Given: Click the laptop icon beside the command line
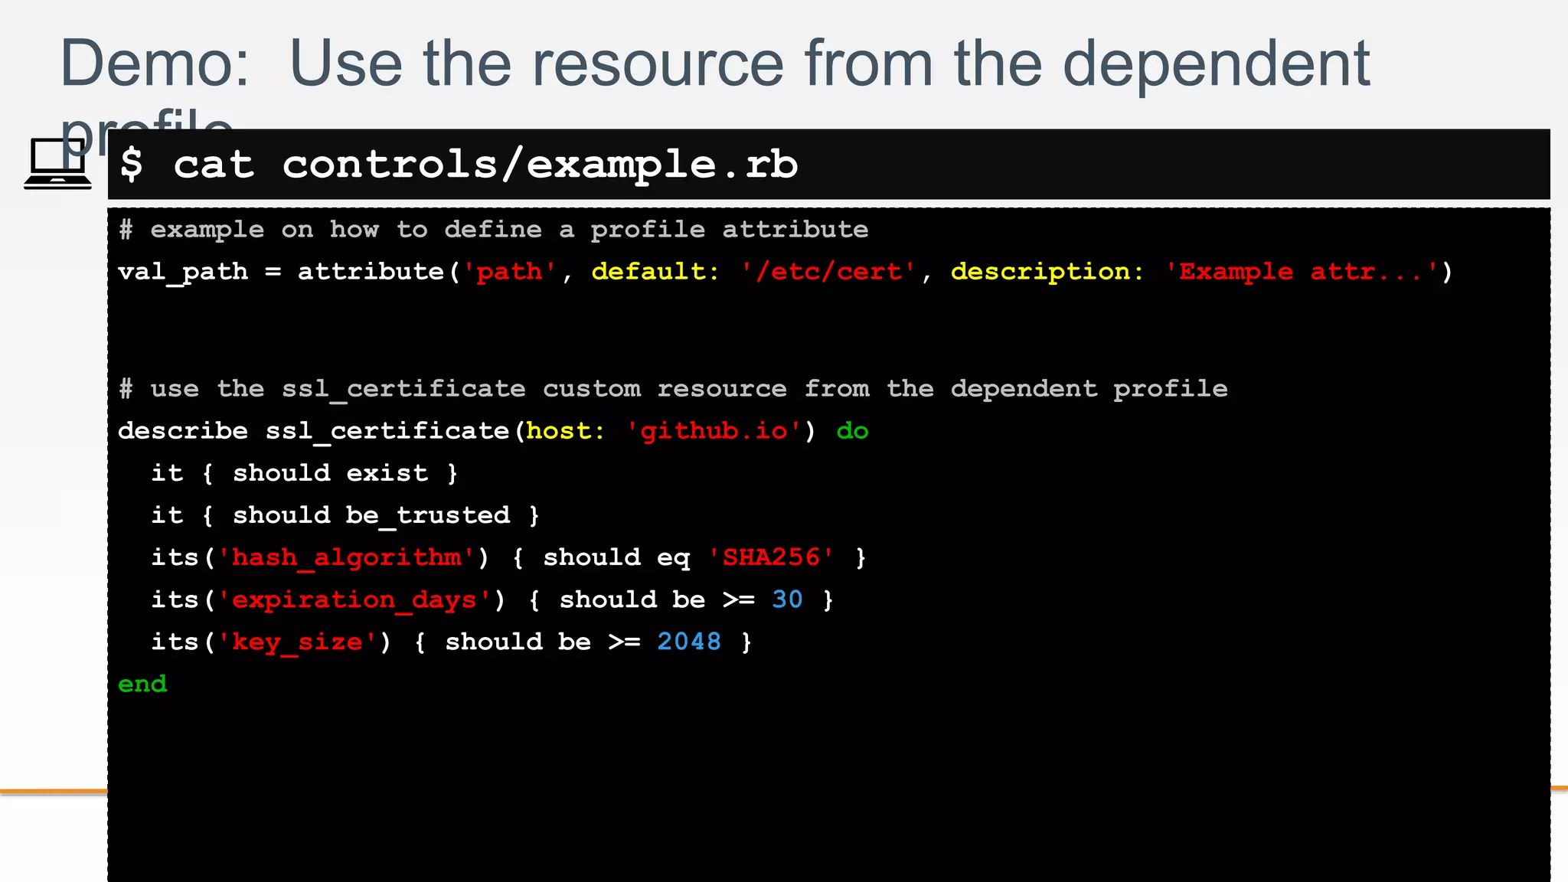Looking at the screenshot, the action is click(57, 163).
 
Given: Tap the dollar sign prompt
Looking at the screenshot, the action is click(132, 165).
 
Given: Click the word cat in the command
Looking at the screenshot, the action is click(214, 165).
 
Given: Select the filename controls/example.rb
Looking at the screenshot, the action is click(540, 165).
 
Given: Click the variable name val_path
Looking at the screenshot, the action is click(183, 272).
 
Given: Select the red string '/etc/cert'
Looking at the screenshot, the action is click(828, 272).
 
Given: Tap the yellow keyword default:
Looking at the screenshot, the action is click(655, 272).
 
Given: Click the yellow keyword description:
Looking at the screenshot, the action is click(1047, 272).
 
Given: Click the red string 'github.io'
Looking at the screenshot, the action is click(714, 431).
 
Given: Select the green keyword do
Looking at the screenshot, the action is click(852, 431).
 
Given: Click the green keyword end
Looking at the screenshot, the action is click(142, 684).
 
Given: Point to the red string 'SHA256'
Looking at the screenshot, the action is click(771, 557).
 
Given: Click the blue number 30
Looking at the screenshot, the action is click(787, 599).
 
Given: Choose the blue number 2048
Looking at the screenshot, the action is click(689, 642).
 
